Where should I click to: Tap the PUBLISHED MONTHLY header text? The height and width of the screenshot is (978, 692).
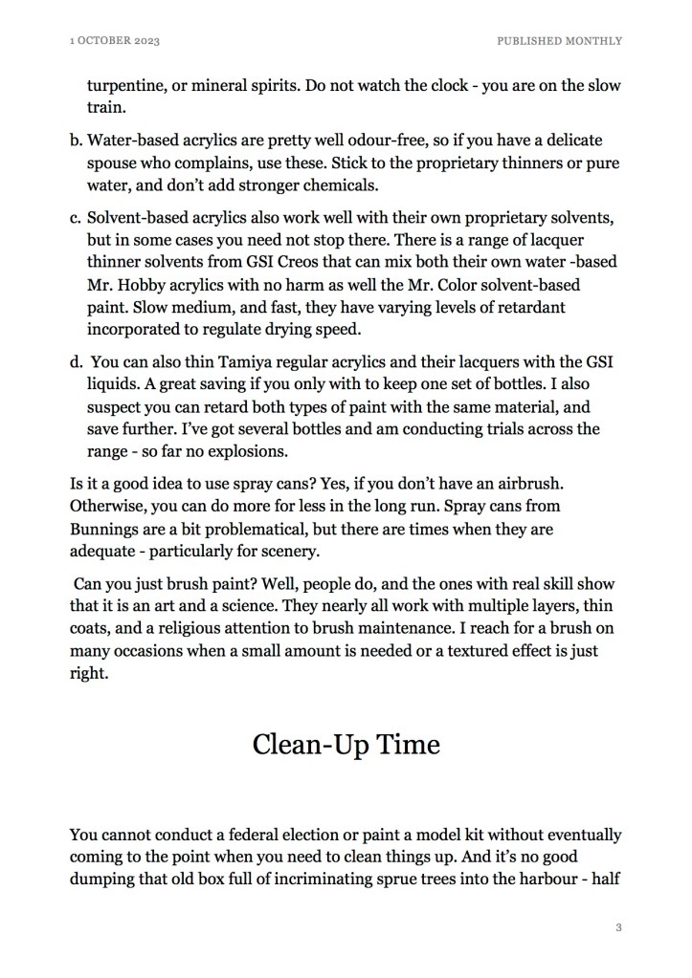560,41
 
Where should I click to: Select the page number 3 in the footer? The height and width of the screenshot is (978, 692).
619,926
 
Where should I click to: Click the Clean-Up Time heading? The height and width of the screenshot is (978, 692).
346,744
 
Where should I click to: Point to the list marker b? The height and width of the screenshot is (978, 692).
76,140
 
